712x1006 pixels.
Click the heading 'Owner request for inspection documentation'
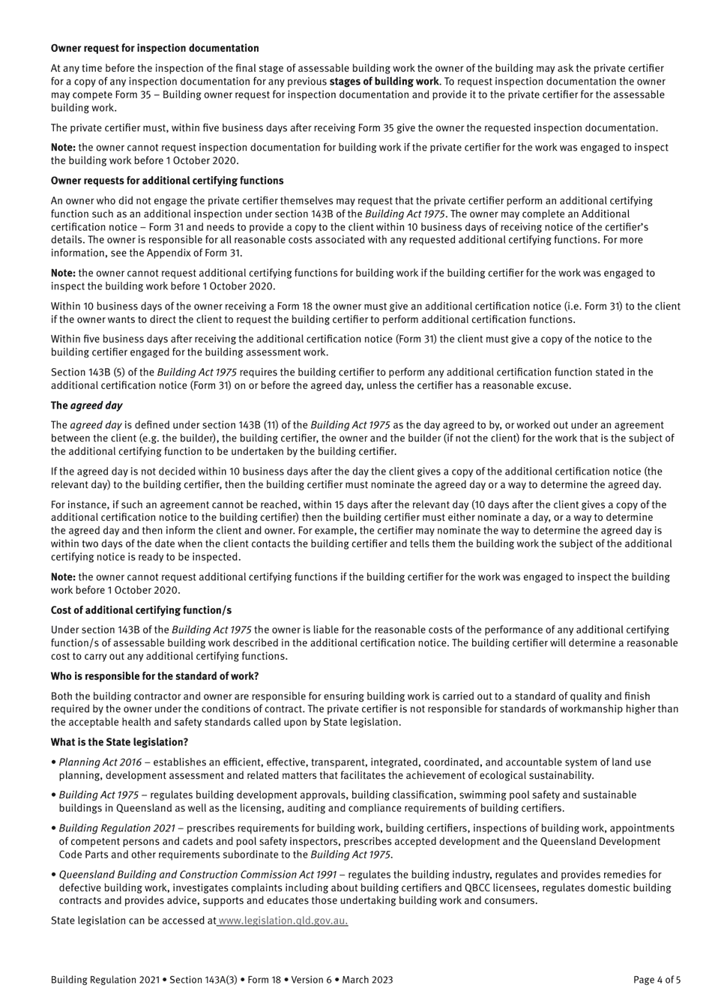click(154, 49)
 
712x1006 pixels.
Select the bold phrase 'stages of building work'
click(384, 81)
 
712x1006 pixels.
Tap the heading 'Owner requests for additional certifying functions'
click(167, 181)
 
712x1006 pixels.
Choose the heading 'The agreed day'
click(86, 406)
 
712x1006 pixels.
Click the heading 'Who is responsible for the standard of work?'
click(154, 676)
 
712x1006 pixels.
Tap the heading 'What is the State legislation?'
click(119, 742)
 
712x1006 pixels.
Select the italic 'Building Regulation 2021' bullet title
click(117, 828)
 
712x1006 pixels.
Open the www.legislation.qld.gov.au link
click(283, 921)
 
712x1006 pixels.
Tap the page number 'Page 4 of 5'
click(657, 980)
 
